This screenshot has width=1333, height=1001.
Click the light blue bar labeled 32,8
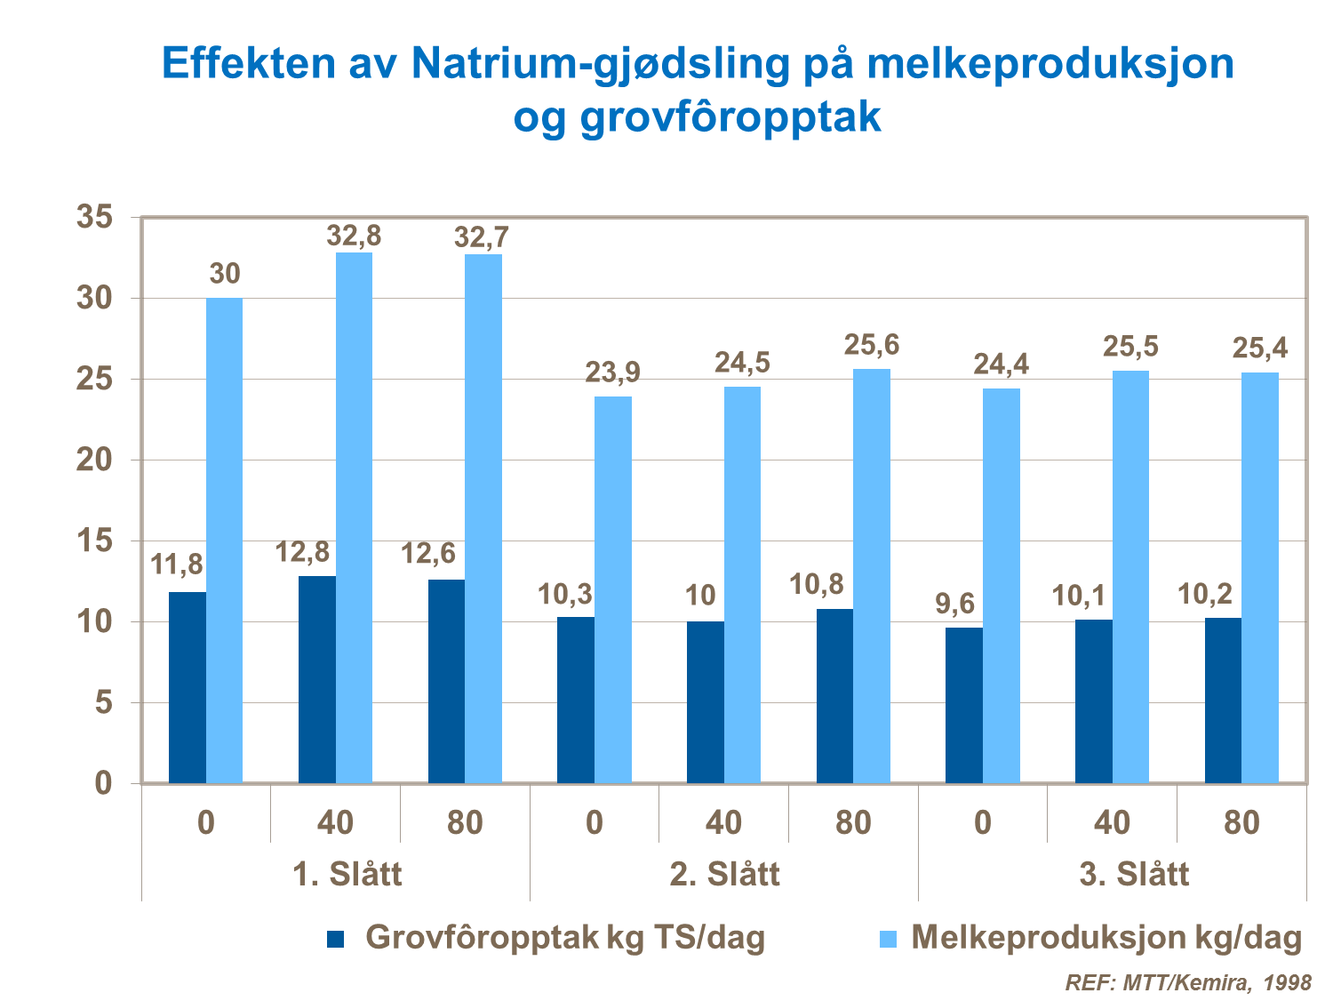coord(354,517)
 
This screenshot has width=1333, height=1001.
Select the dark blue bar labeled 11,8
coord(187,687)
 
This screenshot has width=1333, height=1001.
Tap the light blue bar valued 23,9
coord(613,589)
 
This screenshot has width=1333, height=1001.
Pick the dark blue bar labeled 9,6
coord(964,705)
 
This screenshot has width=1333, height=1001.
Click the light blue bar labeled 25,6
coord(872,576)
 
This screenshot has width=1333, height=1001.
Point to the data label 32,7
coord(482,237)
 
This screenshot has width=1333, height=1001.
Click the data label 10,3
coord(565,594)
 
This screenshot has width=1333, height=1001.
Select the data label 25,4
coord(1259,348)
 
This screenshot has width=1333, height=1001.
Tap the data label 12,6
coord(427,554)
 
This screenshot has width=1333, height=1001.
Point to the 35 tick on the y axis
coord(95,217)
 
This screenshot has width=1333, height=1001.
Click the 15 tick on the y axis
coord(95,541)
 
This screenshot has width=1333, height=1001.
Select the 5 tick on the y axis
coord(104,703)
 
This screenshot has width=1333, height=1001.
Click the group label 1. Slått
coord(347,874)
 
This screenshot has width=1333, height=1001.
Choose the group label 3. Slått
coord(1134,874)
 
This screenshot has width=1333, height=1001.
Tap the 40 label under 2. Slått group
coord(723,822)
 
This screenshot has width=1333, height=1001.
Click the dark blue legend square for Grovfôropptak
coord(336,939)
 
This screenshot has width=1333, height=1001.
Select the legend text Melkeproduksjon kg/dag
coord(1106,938)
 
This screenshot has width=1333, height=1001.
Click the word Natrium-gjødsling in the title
coord(600,64)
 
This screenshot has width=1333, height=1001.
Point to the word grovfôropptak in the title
coord(730,116)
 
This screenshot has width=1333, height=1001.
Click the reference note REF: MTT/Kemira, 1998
coord(1188,982)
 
